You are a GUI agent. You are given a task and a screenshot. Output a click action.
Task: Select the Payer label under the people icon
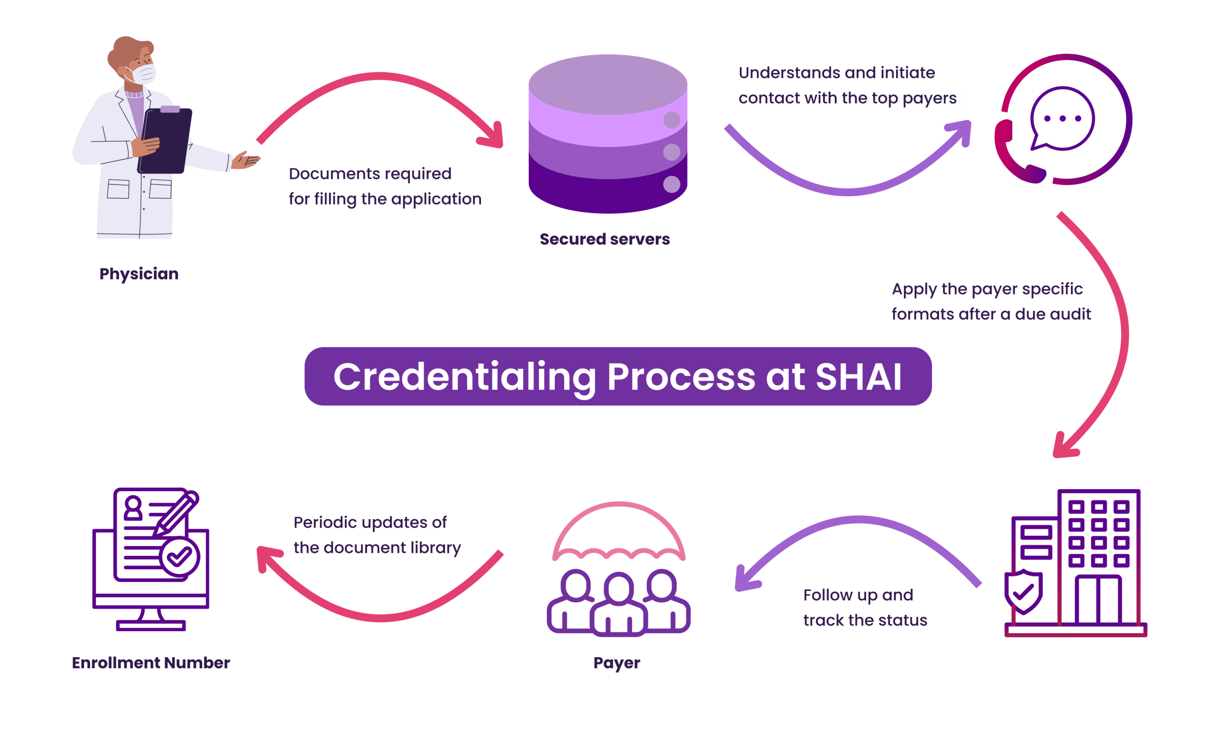pyautogui.click(x=616, y=663)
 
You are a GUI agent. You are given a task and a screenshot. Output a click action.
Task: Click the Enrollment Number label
pyautogui.click(x=151, y=663)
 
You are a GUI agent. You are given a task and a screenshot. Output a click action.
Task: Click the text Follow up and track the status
pyautogui.click(x=865, y=607)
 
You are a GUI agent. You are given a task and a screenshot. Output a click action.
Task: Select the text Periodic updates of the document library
pyautogui.click(x=377, y=535)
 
